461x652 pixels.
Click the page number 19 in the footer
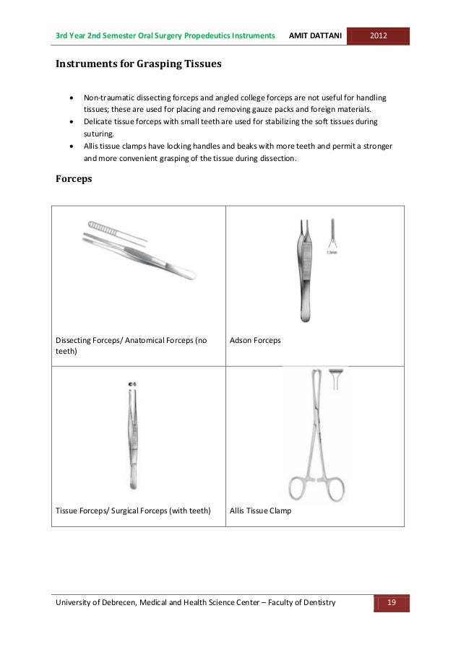click(391, 603)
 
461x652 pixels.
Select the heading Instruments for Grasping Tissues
click(139, 64)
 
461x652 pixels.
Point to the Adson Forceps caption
click(255, 339)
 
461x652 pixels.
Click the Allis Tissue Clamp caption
click(261, 510)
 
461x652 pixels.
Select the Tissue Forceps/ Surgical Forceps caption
click(133, 510)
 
